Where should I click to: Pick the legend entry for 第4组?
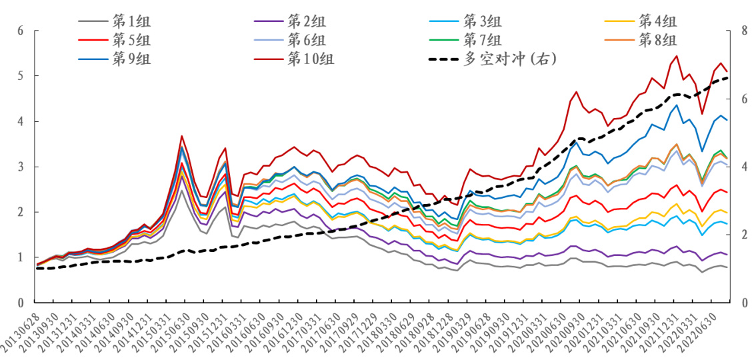[x=657, y=20]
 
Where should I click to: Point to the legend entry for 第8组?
[x=657, y=39]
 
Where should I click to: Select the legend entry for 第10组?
[x=311, y=59]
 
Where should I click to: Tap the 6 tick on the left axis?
[x=20, y=31]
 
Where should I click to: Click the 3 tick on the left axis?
[x=20, y=167]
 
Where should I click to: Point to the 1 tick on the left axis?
[x=20, y=257]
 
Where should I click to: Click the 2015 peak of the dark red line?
[x=181, y=135]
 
